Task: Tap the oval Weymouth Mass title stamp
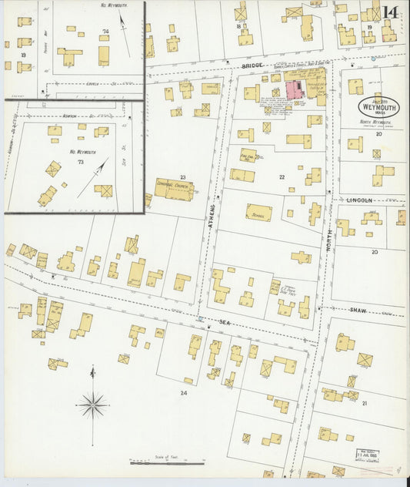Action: (x=378, y=107)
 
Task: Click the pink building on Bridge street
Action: (x=295, y=89)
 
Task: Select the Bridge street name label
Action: (x=252, y=66)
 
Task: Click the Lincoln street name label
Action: (x=358, y=200)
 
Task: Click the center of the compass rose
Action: (x=92, y=403)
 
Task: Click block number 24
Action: (x=183, y=393)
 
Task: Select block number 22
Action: (x=282, y=177)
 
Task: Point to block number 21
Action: (x=365, y=403)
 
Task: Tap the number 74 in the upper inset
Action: (x=105, y=32)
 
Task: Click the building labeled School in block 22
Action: (x=258, y=213)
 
